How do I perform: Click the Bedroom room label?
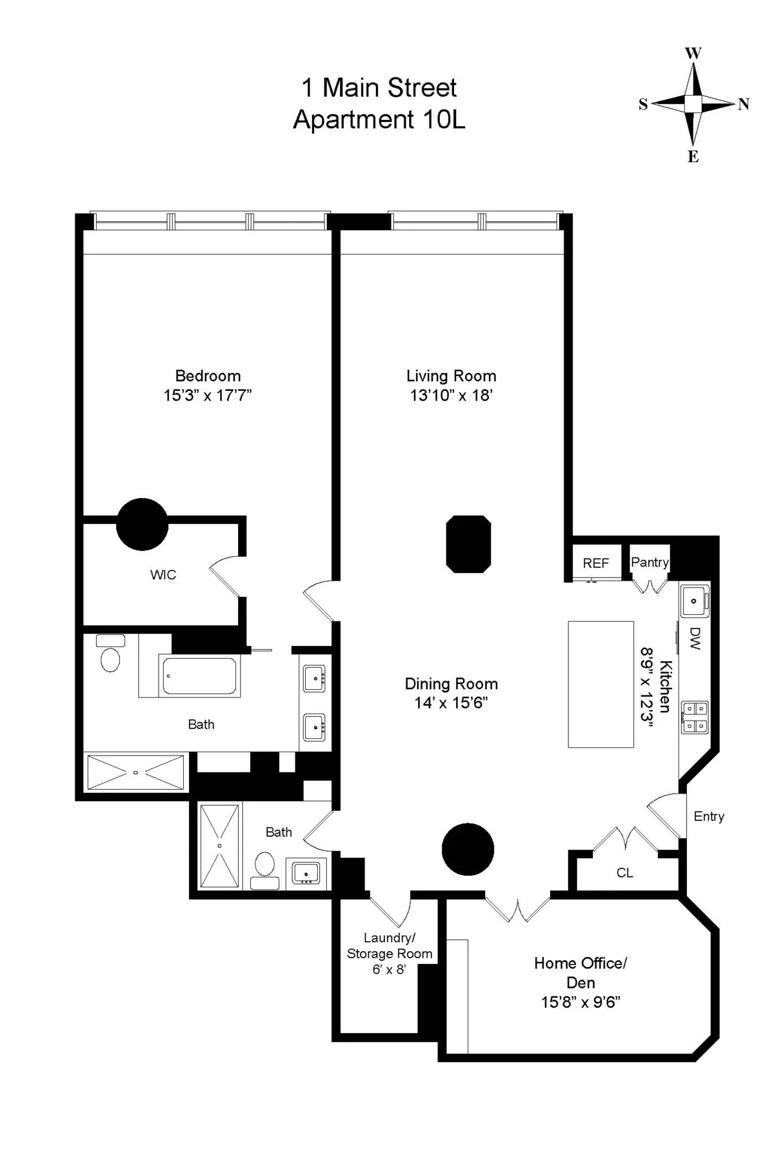click(x=208, y=376)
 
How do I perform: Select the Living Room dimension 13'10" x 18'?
click(x=451, y=396)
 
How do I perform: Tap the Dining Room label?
click(x=451, y=683)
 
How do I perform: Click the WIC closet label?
click(x=163, y=575)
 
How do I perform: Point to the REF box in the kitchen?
click(x=595, y=563)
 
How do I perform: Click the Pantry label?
click(x=650, y=562)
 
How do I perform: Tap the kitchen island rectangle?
click(x=600, y=684)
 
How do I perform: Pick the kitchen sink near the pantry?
click(x=694, y=601)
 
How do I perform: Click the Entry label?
click(x=709, y=816)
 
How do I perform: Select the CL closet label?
click(x=624, y=873)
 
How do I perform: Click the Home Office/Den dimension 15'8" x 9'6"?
click(x=580, y=1002)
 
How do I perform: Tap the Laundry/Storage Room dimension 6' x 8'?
click(x=389, y=969)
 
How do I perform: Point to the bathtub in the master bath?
click(x=199, y=676)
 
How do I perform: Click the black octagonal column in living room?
click(x=469, y=543)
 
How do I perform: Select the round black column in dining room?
click(x=468, y=849)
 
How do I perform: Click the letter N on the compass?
click(x=743, y=105)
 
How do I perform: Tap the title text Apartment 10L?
click(x=379, y=120)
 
